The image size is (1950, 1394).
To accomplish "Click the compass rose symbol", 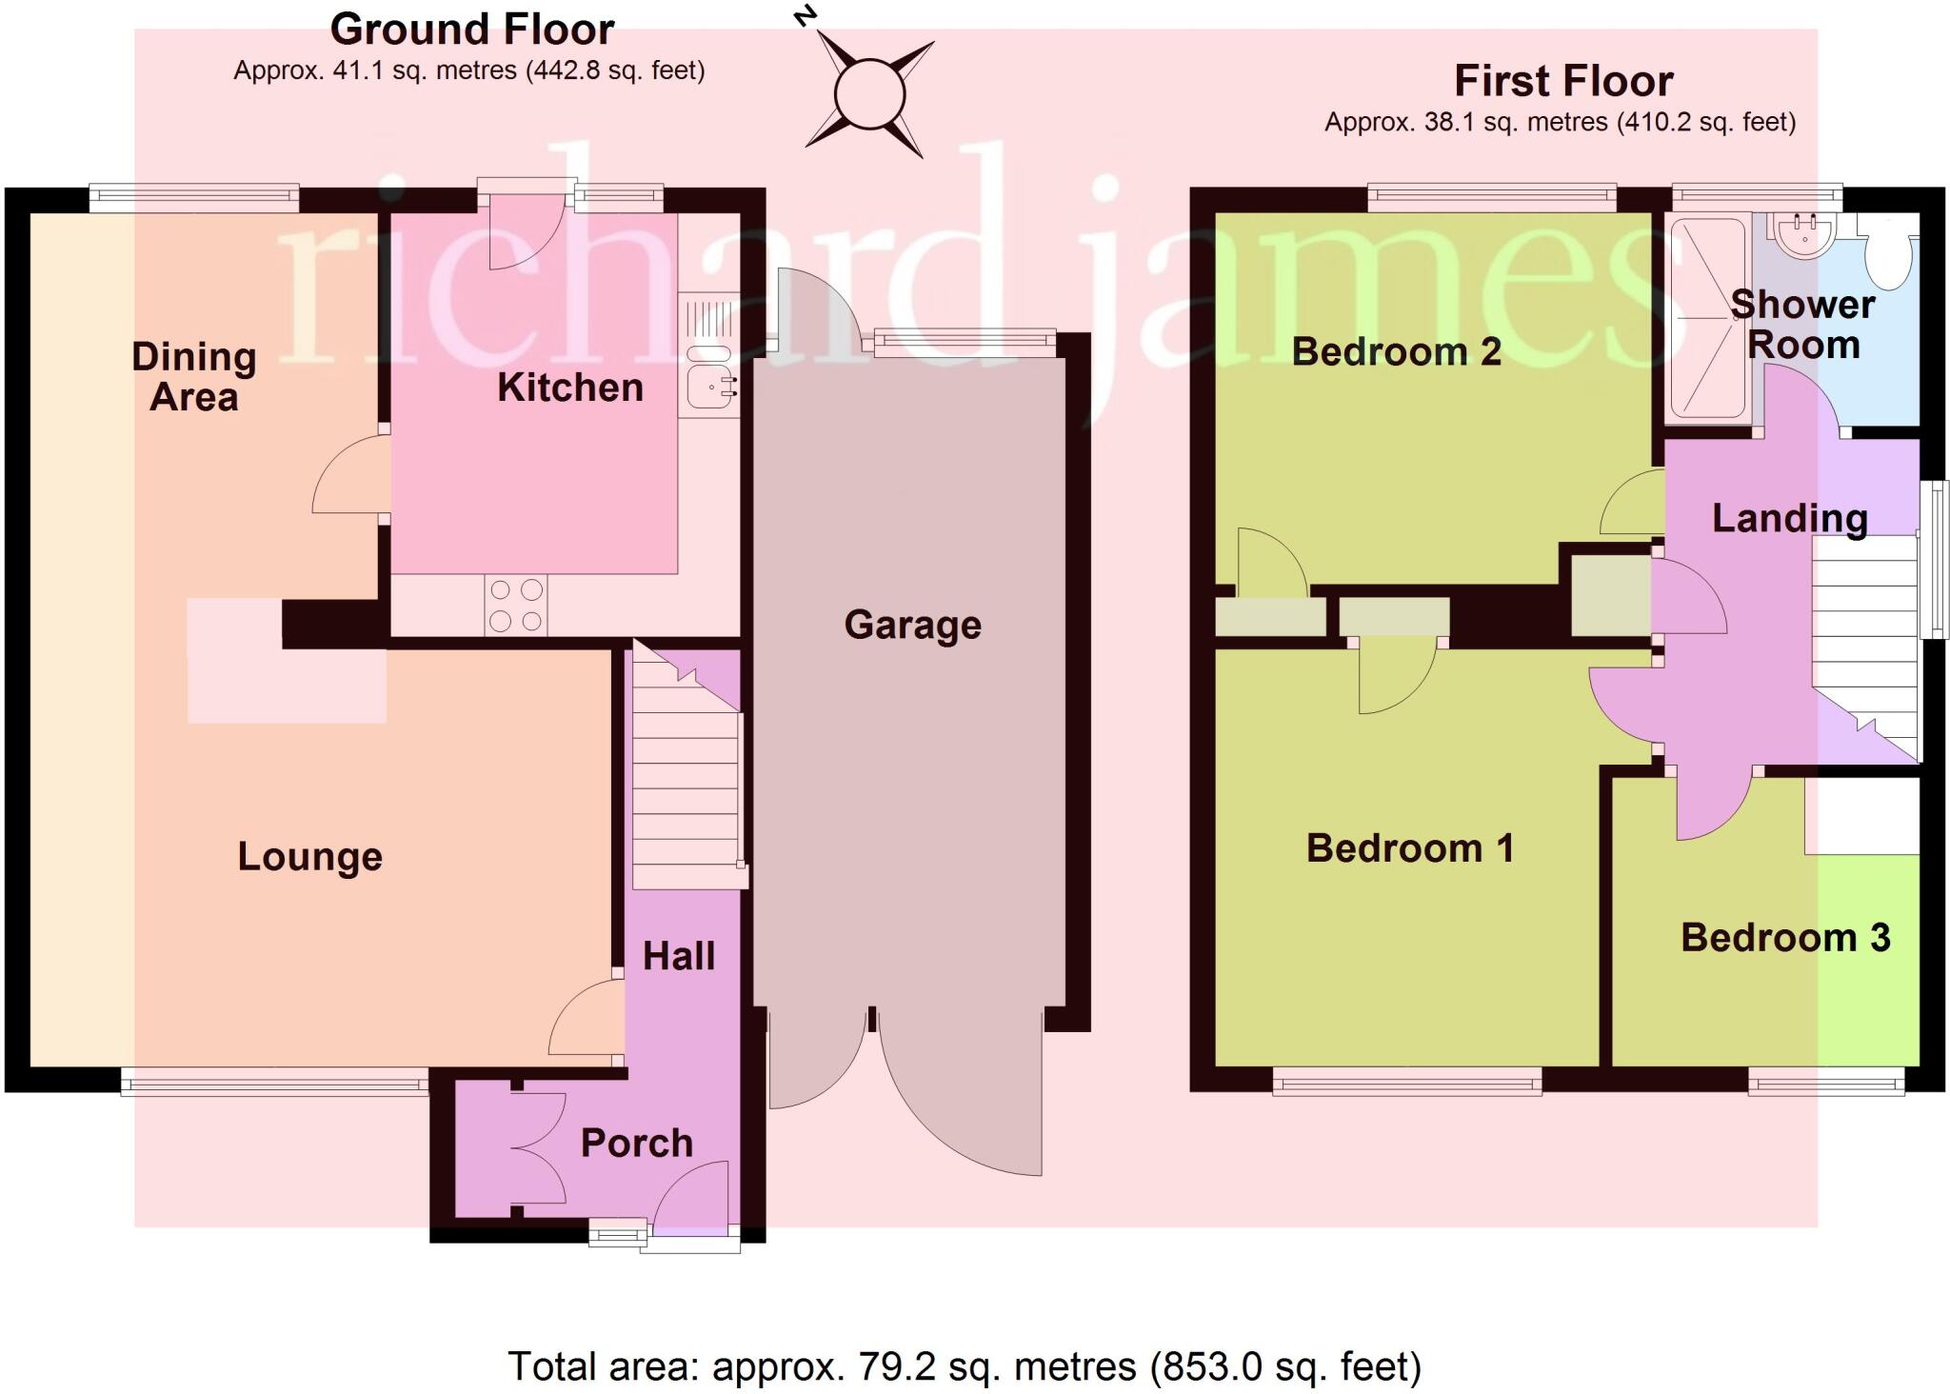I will (x=868, y=94).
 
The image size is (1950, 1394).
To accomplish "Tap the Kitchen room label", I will (x=570, y=388).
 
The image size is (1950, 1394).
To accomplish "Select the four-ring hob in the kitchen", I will (x=516, y=606).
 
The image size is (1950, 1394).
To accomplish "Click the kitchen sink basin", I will (x=707, y=388).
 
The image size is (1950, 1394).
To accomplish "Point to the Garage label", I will (x=912, y=626).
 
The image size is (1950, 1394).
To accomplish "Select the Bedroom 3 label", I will (x=1784, y=938).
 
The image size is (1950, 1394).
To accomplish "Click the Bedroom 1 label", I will (x=1409, y=848).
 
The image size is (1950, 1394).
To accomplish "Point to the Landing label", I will (x=1789, y=519).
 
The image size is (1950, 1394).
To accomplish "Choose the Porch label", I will (x=637, y=1144).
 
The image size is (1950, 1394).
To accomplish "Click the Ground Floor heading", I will (x=471, y=30).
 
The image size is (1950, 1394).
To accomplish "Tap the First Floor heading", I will (x=1562, y=81).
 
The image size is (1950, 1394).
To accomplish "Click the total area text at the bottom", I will (x=964, y=1367).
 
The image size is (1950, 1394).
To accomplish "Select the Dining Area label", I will (x=194, y=377).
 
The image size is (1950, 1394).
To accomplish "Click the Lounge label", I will (x=309, y=857).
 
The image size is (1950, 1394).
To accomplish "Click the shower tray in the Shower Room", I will (x=1710, y=321).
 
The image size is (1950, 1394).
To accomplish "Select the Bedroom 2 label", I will (x=1395, y=352).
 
